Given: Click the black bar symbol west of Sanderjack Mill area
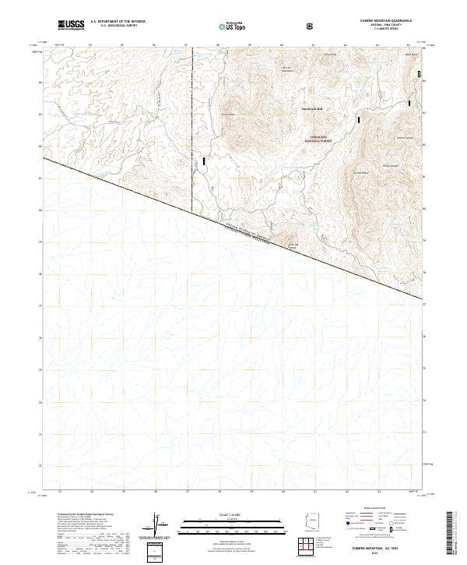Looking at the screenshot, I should pyautogui.click(x=205, y=161).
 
